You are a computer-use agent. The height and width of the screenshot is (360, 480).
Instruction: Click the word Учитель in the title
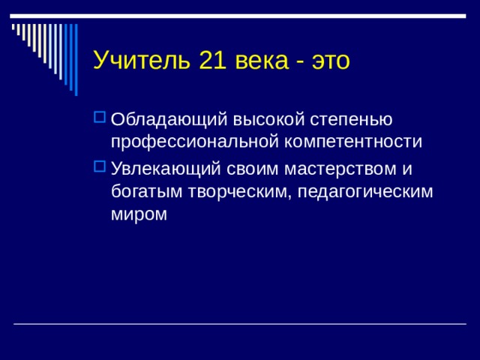[142, 60]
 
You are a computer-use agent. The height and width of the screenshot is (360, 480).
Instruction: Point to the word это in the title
[330, 60]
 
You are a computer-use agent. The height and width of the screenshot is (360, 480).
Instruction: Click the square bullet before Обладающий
[100, 118]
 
